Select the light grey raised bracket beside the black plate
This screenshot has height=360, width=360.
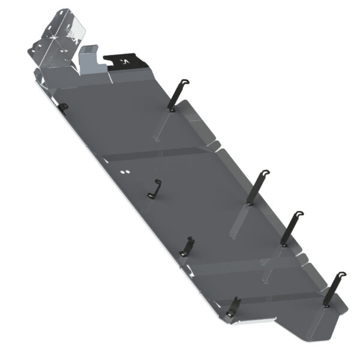click(x=89, y=60)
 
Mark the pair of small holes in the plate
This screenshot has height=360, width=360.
click(x=124, y=172)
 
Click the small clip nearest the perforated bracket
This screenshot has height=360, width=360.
click(x=64, y=106)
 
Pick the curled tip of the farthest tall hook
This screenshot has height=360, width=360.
click(x=342, y=274)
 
